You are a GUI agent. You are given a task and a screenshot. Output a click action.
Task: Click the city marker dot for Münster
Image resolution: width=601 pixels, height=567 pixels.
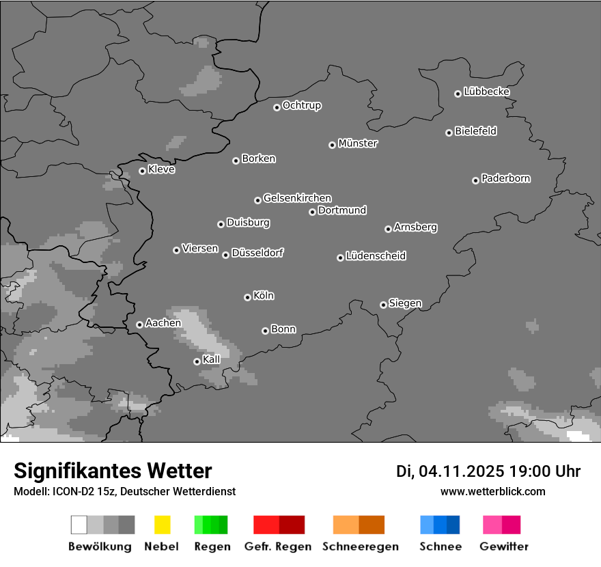tap(332, 145)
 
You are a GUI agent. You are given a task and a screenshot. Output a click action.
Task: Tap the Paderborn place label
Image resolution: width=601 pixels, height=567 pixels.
tap(505, 178)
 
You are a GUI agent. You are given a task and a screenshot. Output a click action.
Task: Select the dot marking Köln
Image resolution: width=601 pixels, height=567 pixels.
tap(247, 297)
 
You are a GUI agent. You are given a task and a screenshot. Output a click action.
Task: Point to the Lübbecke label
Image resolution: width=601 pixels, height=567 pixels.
tap(486, 92)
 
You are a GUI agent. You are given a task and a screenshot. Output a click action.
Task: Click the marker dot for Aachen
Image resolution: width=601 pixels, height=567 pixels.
tap(139, 324)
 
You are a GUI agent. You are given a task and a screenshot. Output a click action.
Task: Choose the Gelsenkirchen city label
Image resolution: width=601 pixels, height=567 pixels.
tap(297, 198)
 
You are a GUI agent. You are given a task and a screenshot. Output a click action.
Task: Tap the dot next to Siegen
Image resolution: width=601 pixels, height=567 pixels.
tap(383, 305)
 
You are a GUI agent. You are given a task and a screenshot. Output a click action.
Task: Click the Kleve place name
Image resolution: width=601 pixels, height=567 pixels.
tap(161, 169)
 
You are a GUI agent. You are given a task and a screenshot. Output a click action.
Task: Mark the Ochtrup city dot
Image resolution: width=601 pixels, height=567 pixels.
tap(277, 107)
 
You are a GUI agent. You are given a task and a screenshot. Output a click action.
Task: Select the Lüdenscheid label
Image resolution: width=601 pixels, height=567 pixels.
tap(376, 256)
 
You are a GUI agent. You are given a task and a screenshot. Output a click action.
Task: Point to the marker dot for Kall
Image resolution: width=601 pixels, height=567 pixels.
tap(197, 361)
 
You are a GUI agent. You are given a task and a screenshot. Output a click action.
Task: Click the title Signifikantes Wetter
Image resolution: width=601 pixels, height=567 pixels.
tap(113, 471)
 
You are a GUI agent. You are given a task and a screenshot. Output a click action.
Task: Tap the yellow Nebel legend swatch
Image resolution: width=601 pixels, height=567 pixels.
tap(162, 525)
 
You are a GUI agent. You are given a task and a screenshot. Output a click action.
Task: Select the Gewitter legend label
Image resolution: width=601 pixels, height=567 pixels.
tap(504, 547)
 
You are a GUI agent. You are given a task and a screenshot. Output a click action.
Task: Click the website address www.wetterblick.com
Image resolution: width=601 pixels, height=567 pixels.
tap(492, 491)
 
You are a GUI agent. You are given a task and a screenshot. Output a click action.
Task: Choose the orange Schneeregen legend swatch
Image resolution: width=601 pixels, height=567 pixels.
tap(346, 525)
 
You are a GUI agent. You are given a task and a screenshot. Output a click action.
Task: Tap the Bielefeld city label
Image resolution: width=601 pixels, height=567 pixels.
tap(475, 131)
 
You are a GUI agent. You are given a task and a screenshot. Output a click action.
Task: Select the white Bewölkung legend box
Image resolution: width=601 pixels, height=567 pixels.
tap(79, 525)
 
